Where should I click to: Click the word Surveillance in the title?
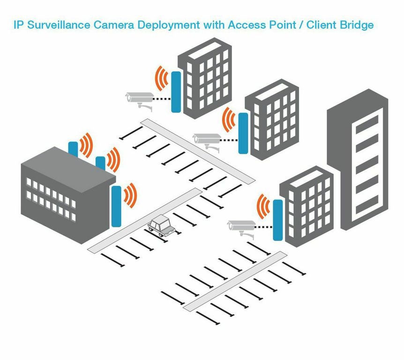53,24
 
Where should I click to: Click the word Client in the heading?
321,24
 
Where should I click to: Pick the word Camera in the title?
110,24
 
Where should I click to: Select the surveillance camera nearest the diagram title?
139,99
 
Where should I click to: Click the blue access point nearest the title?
176,92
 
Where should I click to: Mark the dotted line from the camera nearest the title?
162,99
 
